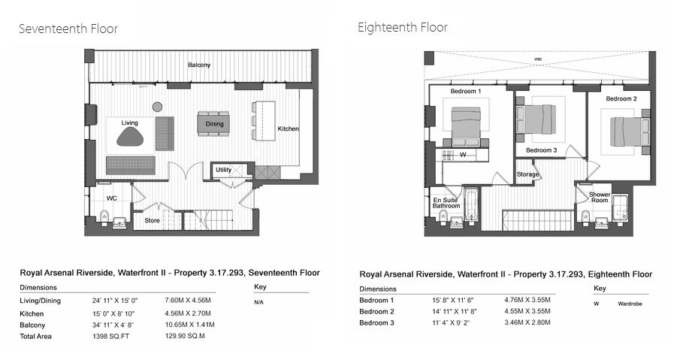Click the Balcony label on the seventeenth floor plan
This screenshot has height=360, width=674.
[199, 65]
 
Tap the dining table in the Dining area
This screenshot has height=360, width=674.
[213, 124]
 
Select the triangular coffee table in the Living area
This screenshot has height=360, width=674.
[130, 138]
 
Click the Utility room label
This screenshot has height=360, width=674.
[223, 170]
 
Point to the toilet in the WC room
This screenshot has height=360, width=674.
[103, 216]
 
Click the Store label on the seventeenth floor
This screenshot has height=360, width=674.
[153, 220]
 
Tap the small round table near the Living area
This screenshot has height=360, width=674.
[157, 107]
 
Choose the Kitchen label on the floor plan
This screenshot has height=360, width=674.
[288, 129]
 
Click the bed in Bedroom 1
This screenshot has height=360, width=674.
[466, 126]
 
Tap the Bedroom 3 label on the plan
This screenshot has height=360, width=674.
[541, 150]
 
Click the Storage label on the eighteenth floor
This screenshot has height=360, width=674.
[527, 174]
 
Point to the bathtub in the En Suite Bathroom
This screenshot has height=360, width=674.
[470, 206]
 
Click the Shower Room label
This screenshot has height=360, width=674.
[600, 198]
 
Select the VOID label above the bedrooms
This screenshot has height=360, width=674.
[537, 59]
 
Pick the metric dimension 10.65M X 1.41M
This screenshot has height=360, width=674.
[189, 325]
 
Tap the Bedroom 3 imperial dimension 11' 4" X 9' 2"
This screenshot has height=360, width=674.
[451, 322]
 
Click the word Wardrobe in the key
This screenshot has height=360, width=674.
[630, 304]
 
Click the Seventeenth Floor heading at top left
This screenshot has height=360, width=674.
[68, 29]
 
